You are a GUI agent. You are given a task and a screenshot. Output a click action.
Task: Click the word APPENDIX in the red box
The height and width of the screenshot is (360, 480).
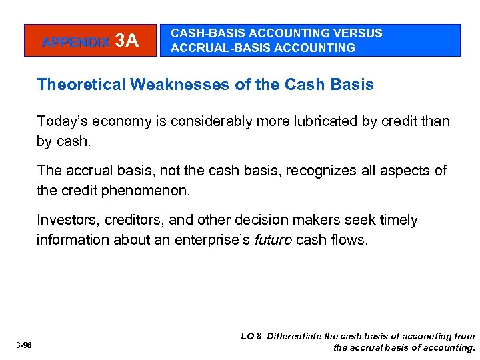[x=75, y=42]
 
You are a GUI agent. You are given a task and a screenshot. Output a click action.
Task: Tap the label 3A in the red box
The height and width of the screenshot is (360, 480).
[x=127, y=41]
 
